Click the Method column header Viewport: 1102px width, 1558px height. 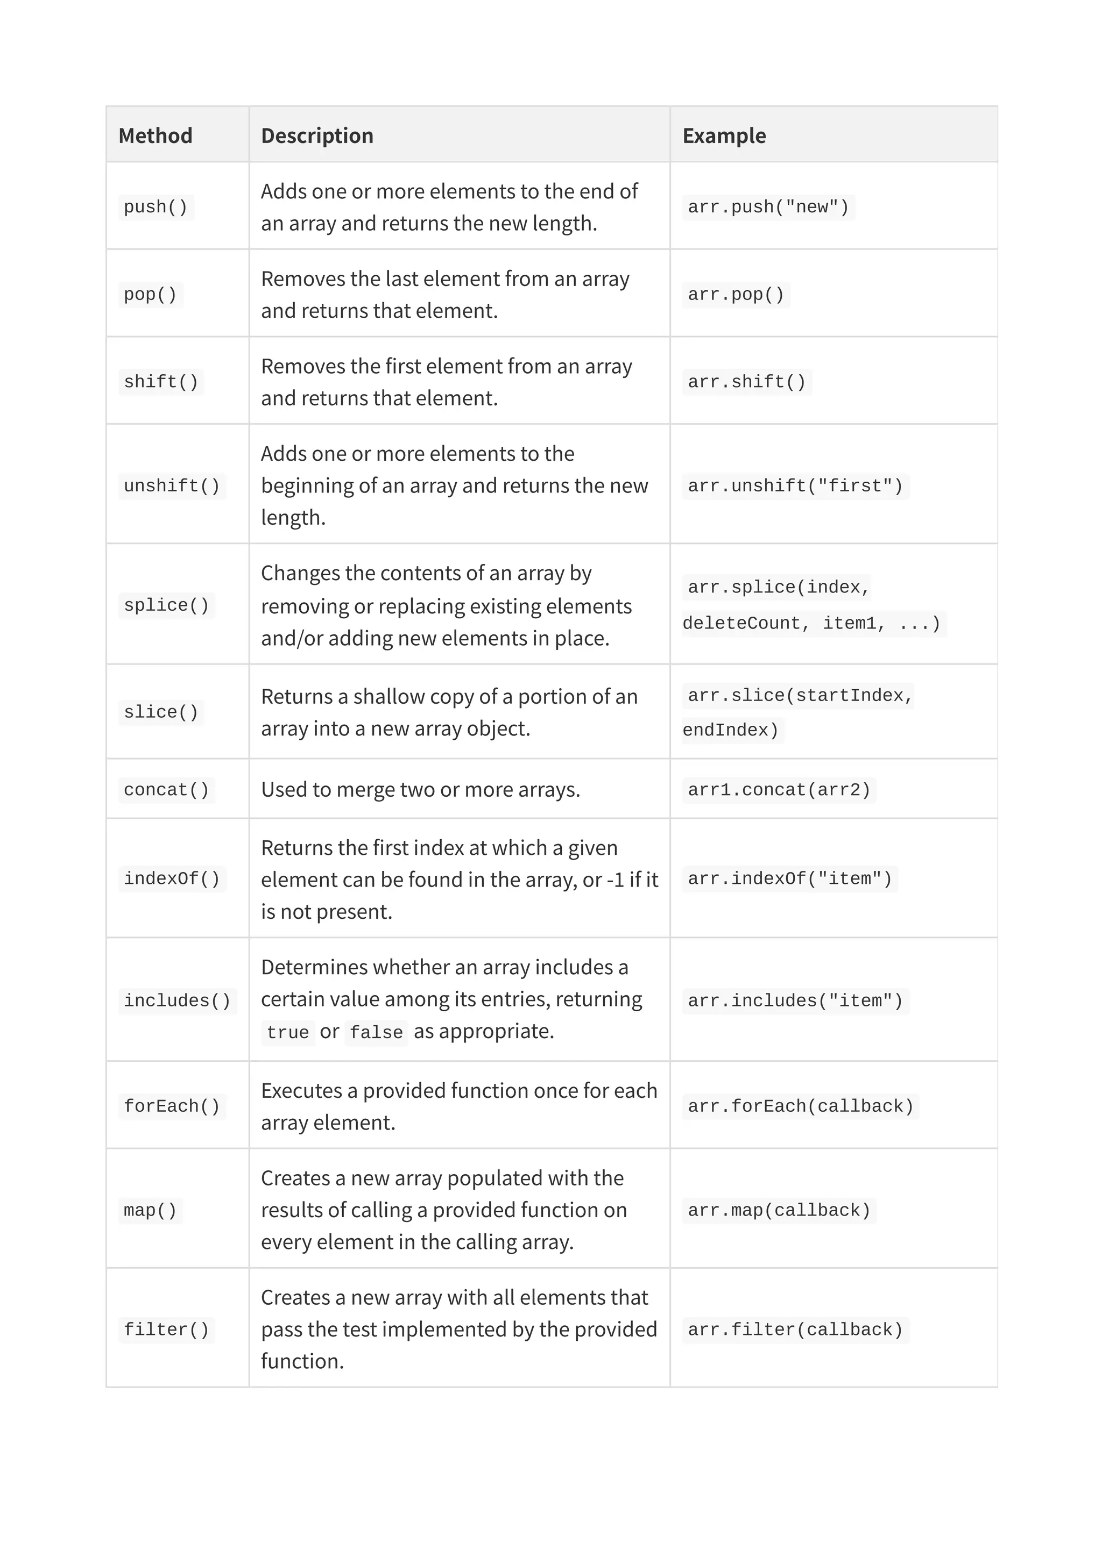point(156,135)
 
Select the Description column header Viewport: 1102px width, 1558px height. point(317,135)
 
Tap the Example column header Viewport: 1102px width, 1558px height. point(724,135)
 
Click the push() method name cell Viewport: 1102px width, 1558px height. point(156,207)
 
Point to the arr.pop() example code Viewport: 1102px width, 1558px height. point(736,295)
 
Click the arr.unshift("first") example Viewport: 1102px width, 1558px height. point(795,486)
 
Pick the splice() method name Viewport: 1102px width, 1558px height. point(166,605)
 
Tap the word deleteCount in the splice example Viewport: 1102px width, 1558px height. point(741,624)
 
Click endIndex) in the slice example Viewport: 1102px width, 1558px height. point(731,730)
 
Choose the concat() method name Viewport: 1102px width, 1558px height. point(166,790)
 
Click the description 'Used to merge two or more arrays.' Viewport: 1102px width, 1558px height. point(420,790)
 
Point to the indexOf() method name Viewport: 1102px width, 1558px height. point(172,879)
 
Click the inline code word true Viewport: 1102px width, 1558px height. point(288,1033)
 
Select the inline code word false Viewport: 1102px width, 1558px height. point(376,1033)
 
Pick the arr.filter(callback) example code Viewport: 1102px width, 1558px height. point(795,1330)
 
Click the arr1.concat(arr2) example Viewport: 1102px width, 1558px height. point(779,790)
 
